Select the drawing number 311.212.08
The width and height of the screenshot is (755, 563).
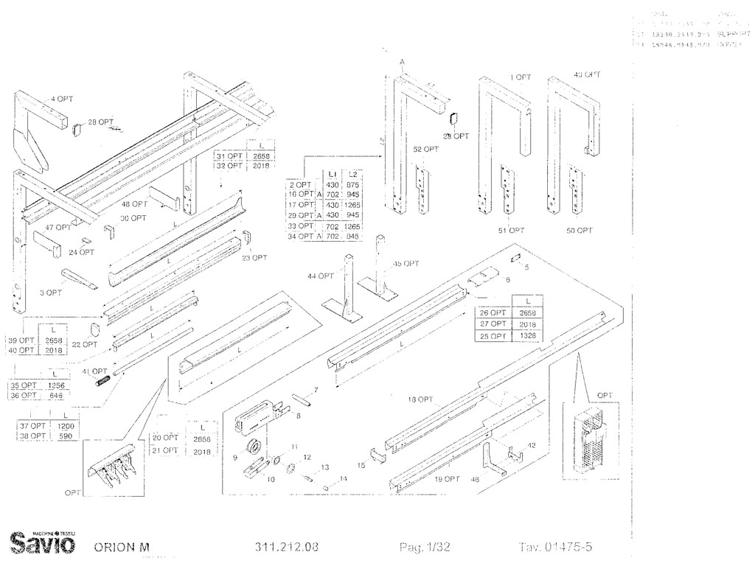coord(287,548)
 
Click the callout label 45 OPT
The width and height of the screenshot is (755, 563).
coord(406,263)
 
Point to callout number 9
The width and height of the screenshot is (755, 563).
coord(235,458)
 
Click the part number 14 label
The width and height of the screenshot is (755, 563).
coord(343,479)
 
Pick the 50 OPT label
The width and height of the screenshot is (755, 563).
coord(580,231)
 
